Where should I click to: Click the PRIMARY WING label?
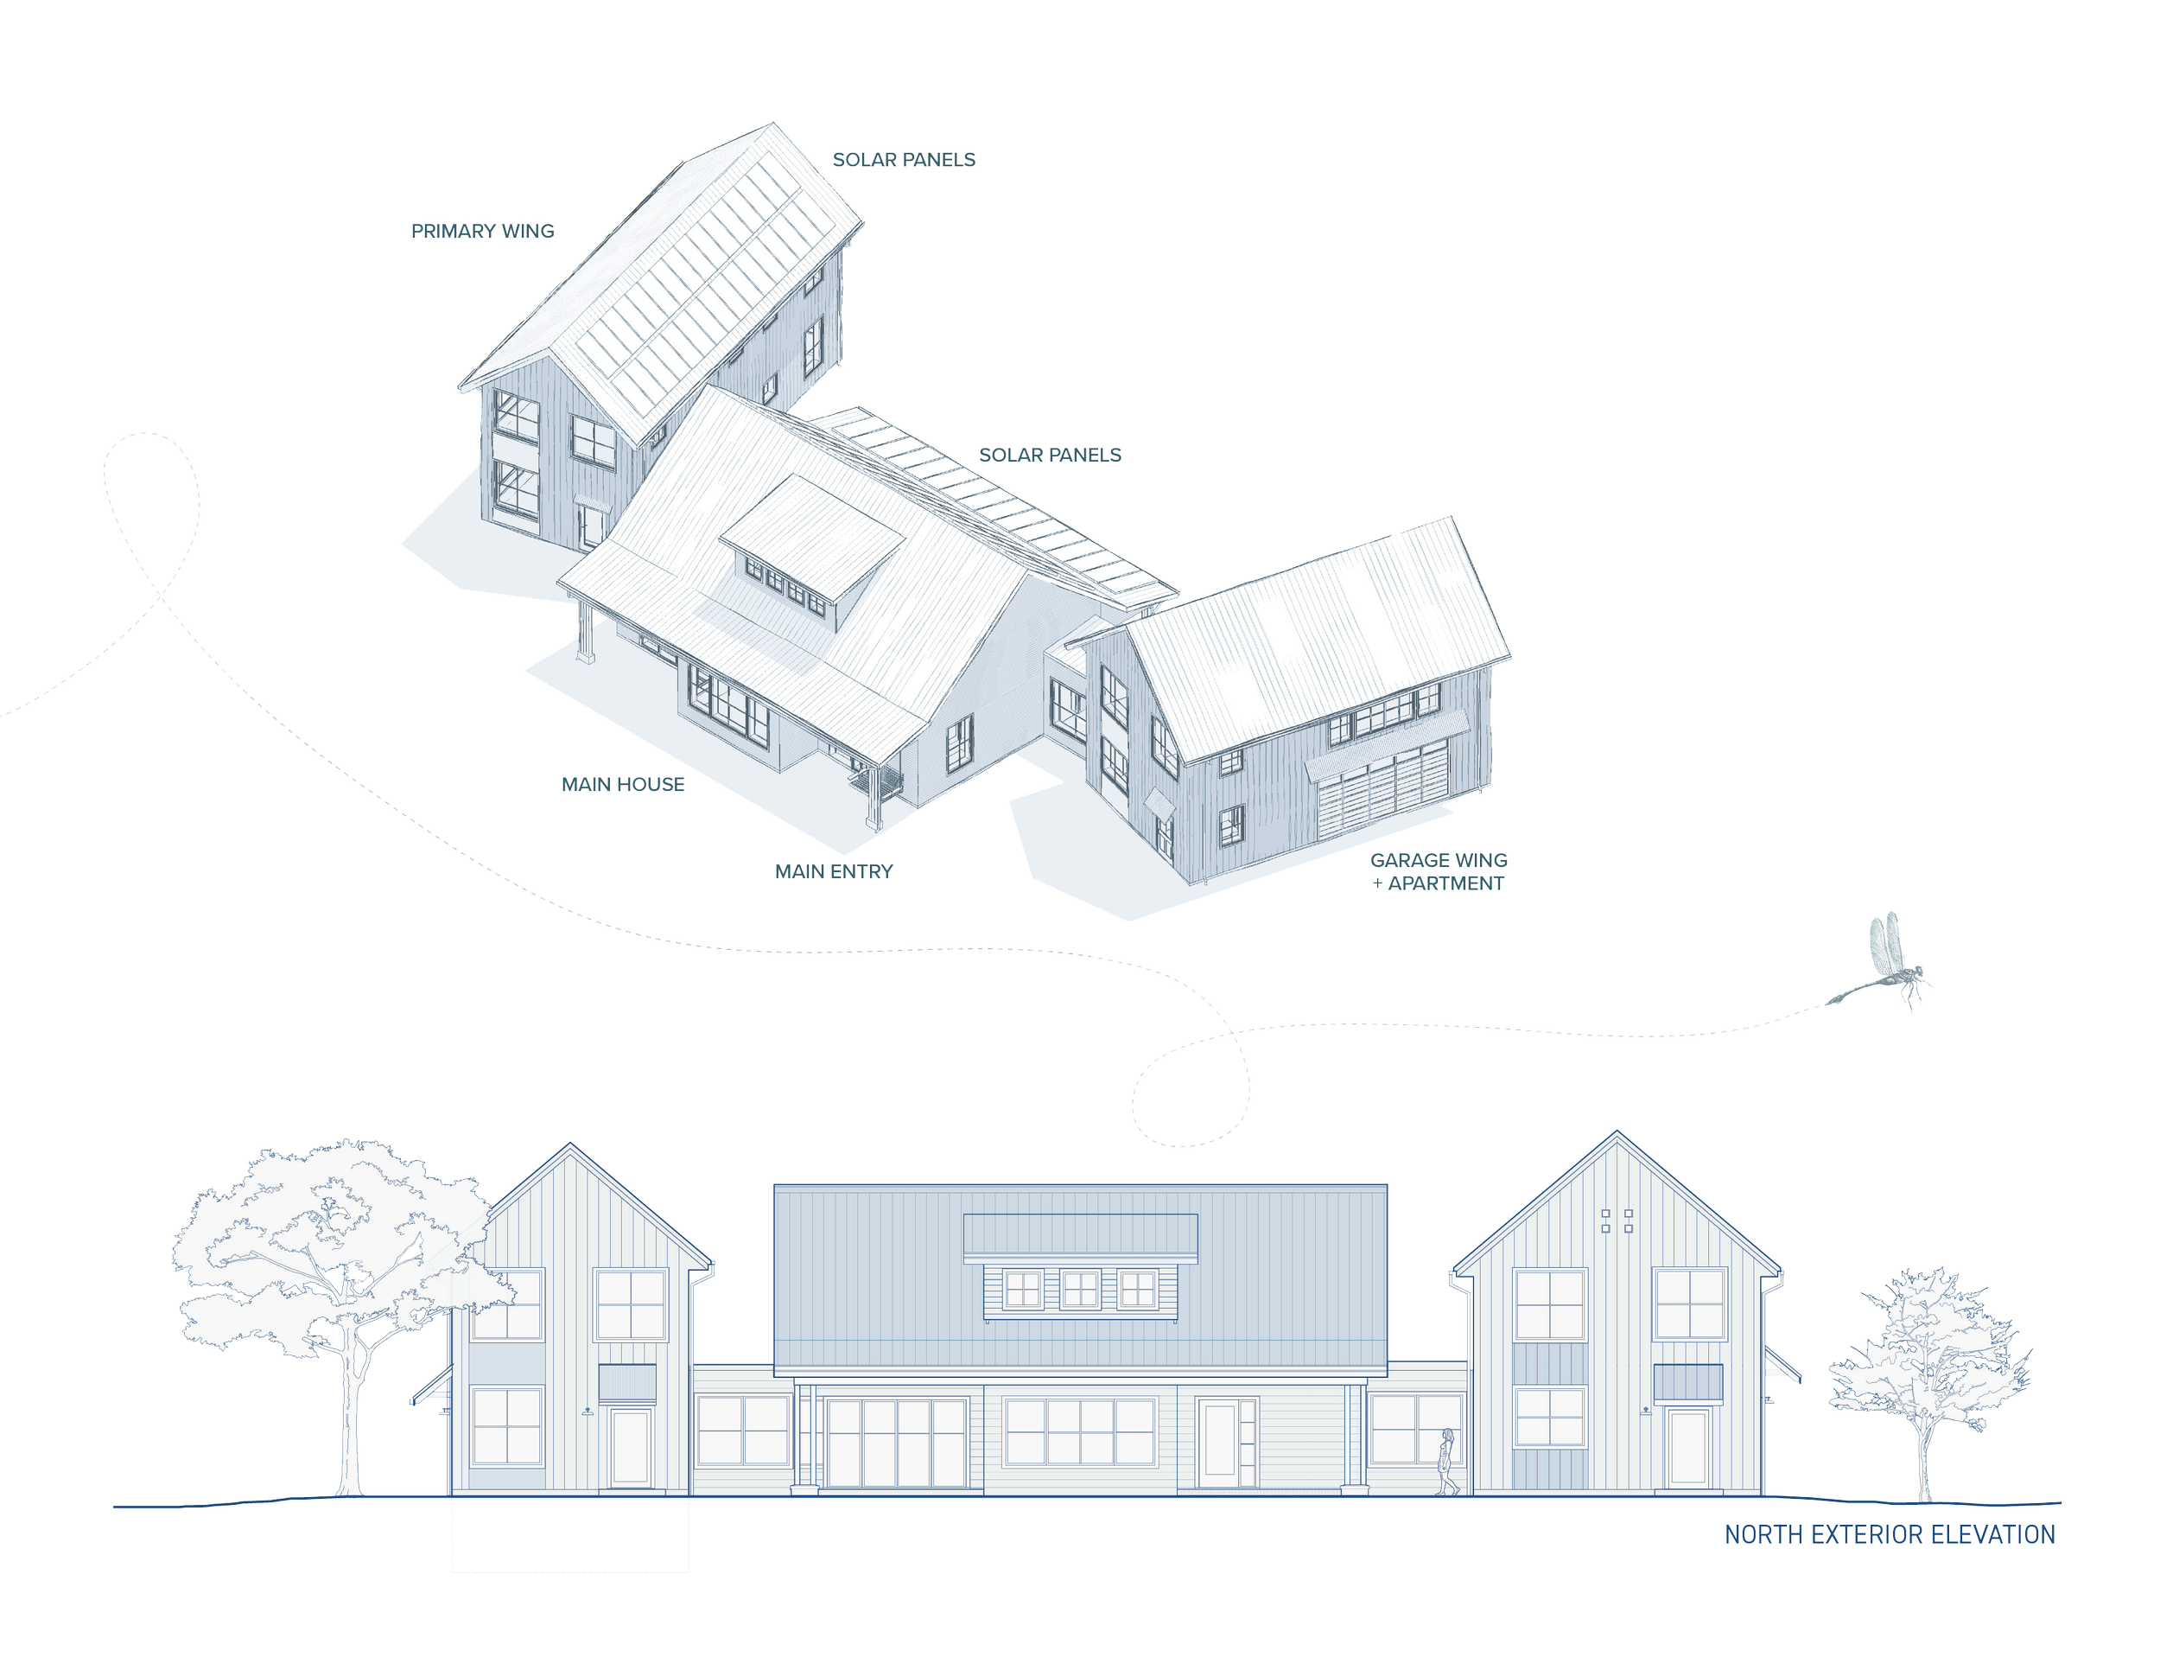[x=483, y=232]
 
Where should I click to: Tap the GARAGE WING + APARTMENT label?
[x=1439, y=871]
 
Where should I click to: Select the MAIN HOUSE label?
[x=623, y=785]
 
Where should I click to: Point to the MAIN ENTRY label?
[x=834, y=871]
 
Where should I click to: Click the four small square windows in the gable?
[x=1617, y=1221]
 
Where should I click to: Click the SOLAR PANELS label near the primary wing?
[x=904, y=160]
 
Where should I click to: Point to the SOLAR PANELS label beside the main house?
[x=1051, y=455]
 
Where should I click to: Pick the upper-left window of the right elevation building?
[x=1550, y=1304]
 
